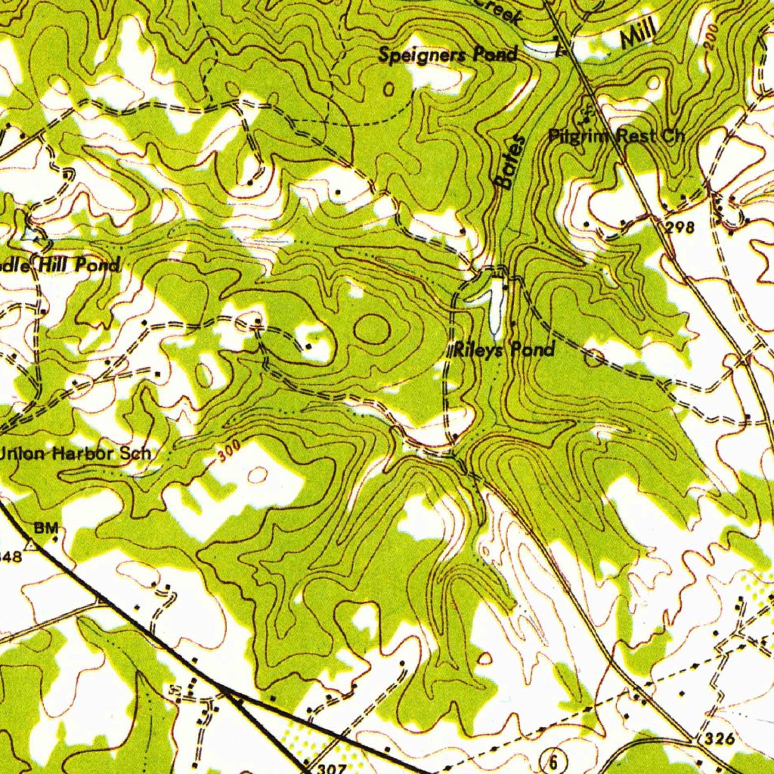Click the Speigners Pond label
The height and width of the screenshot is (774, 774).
point(447,54)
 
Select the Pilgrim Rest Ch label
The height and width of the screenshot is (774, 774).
point(616,136)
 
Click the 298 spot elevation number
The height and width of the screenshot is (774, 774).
point(680,227)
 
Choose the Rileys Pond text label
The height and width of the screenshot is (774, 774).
point(504,349)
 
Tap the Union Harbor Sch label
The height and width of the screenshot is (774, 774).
point(76,454)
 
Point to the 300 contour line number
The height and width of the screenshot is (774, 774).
point(228,452)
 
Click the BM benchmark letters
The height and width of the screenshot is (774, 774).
point(46,528)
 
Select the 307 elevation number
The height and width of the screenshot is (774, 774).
point(322,766)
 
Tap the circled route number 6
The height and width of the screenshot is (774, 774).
point(554,761)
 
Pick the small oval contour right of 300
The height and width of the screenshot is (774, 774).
point(258,475)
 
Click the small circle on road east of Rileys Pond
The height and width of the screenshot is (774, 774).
point(594,358)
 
